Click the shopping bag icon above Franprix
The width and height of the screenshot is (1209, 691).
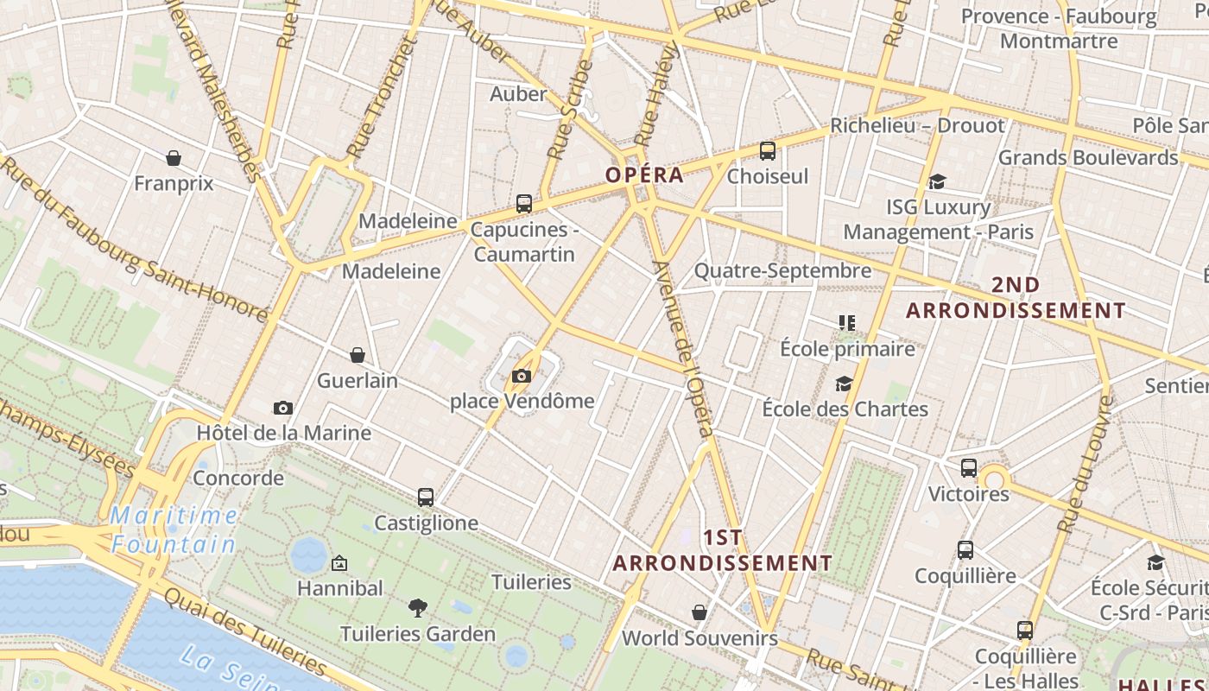click(174, 158)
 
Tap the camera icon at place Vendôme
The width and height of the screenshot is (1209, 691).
click(521, 376)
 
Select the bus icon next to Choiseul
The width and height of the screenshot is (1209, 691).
click(767, 151)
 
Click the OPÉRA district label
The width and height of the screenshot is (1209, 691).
click(644, 175)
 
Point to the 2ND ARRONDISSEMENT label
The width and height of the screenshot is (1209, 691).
click(1016, 298)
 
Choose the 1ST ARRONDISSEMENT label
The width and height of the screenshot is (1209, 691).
click(723, 550)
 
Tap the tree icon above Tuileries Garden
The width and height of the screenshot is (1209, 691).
click(418, 608)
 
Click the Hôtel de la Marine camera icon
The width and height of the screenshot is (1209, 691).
click(282, 408)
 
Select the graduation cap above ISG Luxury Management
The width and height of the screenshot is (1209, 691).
click(937, 181)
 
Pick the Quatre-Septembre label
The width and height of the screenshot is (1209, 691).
click(782, 271)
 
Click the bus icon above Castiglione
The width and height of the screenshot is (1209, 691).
click(425, 498)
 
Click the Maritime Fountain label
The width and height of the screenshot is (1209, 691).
click(174, 530)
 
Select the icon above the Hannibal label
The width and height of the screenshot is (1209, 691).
click(339, 563)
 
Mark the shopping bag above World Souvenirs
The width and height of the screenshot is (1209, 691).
click(699, 612)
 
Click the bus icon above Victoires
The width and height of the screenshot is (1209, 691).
click(968, 468)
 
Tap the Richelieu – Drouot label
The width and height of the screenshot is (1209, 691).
click(917, 126)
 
